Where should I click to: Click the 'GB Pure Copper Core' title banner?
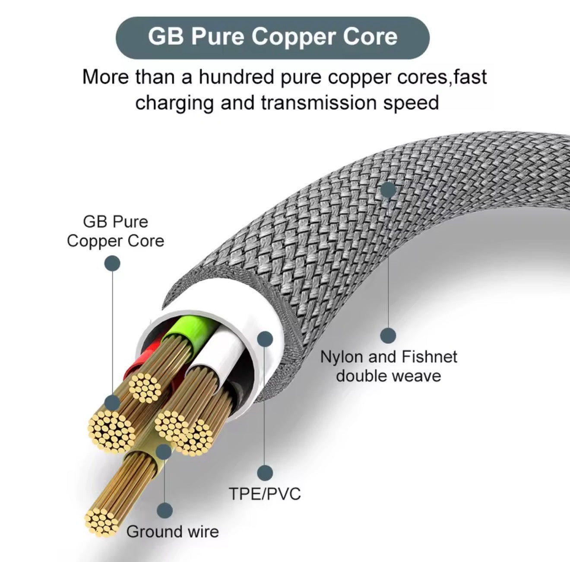[272, 37]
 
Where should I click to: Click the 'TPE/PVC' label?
[265, 493]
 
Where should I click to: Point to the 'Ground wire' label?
[172, 531]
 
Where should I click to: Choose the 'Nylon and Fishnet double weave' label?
[388, 366]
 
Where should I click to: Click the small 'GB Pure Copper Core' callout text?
[115, 231]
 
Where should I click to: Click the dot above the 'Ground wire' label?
[164, 511]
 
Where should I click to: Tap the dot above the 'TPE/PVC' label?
[265, 473]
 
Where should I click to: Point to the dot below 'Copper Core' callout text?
[113, 263]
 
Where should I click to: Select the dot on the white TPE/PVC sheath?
[265, 339]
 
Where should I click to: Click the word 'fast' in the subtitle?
[470, 77]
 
